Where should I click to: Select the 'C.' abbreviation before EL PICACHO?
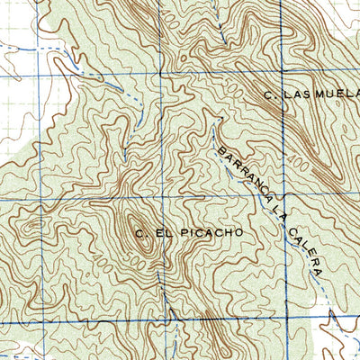pyautogui.click(x=141, y=234)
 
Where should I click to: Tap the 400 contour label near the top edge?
pyautogui.click(x=232, y=11)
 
